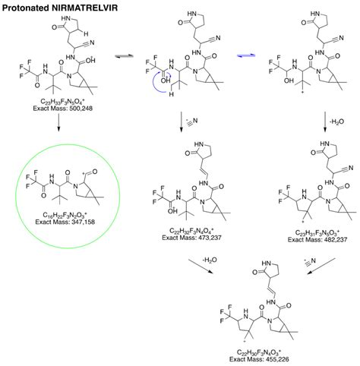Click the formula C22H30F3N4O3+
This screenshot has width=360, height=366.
pos(257,352)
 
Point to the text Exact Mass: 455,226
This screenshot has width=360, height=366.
pos(257,358)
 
